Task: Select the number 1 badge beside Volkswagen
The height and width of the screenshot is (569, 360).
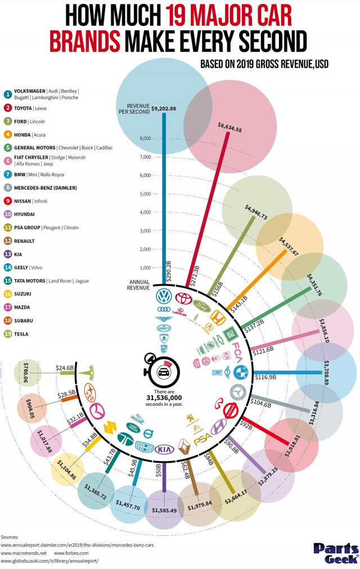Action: click(8, 93)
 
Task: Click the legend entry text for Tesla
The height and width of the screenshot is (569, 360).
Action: click(21, 334)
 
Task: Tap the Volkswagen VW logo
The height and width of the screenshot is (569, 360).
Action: click(164, 297)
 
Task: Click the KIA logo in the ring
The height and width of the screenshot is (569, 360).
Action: click(163, 449)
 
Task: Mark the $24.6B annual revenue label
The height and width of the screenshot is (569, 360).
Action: click(65, 368)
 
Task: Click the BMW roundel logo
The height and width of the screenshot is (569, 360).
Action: click(240, 372)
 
